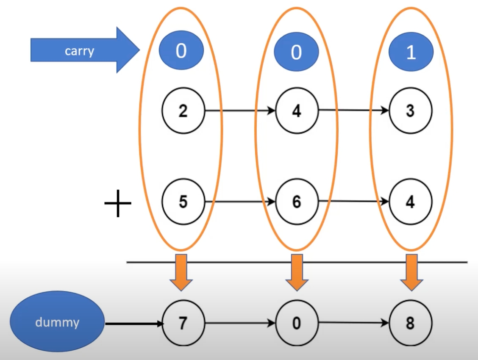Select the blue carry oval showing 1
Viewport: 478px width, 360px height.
click(411, 52)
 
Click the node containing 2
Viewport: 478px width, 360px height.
click(183, 111)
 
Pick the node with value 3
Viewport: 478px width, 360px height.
click(411, 111)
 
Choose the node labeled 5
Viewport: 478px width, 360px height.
click(183, 202)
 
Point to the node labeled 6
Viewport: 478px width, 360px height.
click(297, 202)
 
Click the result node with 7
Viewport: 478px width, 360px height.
click(183, 324)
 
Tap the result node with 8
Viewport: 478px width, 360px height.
click(411, 324)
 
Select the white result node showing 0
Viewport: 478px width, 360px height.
click(297, 324)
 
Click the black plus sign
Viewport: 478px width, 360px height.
click(118, 203)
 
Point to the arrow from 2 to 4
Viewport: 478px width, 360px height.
click(240, 111)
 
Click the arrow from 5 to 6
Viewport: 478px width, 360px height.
click(240, 202)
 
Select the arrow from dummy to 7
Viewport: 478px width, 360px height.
click(134, 324)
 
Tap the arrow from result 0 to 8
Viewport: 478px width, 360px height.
click(353, 323)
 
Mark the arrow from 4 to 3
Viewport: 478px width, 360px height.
click(353, 111)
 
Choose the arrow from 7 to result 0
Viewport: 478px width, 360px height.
click(240, 324)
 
